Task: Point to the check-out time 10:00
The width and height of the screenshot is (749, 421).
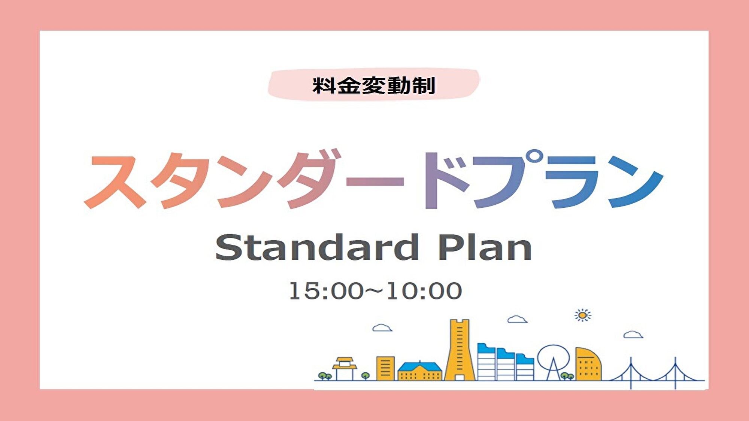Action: (x=424, y=291)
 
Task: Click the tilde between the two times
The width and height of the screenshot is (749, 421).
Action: (x=374, y=290)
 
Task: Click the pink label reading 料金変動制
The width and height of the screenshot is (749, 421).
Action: (x=374, y=85)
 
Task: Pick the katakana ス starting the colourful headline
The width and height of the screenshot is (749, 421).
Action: (x=114, y=181)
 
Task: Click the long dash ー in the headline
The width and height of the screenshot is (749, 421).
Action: (x=375, y=181)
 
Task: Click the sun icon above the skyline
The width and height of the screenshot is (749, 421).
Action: (x=582, y=315)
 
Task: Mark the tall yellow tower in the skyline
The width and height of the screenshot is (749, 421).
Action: (x=460, y=350)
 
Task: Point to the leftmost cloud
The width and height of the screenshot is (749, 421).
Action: (x=382, y=328)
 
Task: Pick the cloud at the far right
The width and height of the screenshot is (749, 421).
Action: (x=633, y=335)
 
